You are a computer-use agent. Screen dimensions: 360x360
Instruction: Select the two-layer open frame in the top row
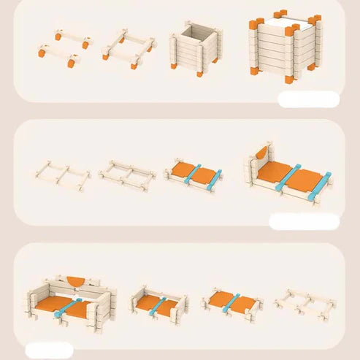click(x=129, y=46)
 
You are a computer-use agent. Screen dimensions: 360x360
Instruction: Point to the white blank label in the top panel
click(x=309, y=99)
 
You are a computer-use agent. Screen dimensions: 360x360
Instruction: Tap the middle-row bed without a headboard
click(x=193, y=175)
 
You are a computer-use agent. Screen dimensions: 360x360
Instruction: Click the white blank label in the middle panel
click(x=304, y=221)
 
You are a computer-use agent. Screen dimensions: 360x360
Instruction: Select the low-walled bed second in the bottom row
click(x=158, y=301)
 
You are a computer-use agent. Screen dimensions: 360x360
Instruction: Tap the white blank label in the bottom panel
click(x=49, y=351)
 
